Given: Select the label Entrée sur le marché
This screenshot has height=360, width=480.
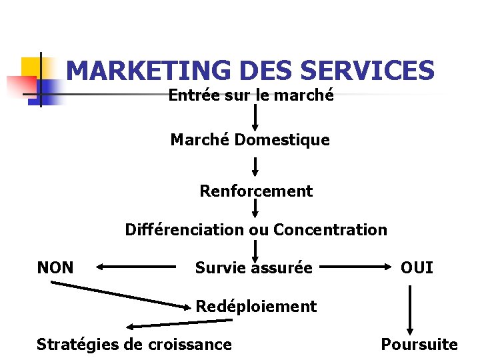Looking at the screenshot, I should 251,95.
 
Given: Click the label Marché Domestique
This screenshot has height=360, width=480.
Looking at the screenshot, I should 250,140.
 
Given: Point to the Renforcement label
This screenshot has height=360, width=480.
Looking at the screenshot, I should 256,191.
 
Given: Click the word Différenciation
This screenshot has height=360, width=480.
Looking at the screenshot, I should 185,230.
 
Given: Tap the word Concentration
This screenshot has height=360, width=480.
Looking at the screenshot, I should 330,230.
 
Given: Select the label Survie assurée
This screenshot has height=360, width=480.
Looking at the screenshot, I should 253,268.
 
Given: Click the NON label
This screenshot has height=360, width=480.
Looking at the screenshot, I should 55,268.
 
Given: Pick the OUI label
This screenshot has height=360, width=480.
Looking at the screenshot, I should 417,268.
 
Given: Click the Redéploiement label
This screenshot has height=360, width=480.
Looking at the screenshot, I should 256,307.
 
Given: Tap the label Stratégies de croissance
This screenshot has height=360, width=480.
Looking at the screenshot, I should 134,345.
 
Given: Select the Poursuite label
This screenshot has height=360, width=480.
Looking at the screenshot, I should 419,345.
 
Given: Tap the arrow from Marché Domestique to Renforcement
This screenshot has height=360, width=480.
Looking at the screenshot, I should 255,166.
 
